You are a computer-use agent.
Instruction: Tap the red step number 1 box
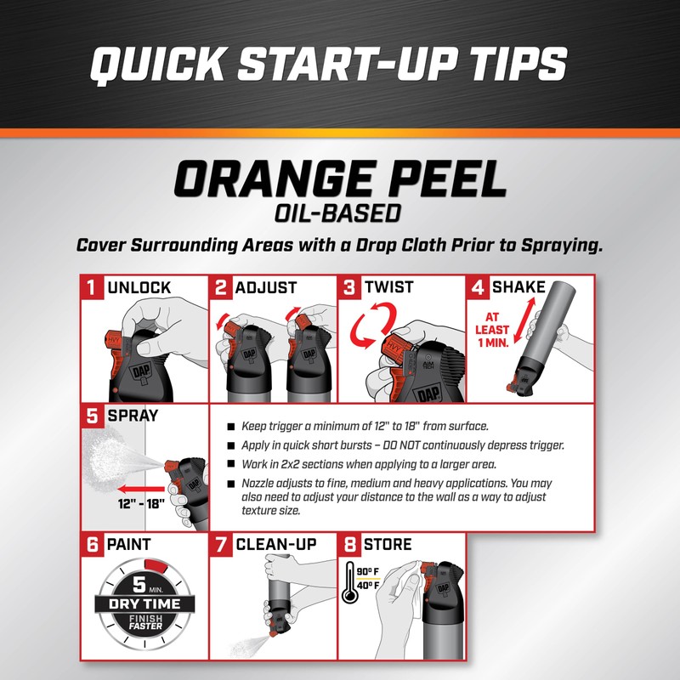pyautogui.click(x=91, y=287)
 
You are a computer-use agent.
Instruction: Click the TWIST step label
pyautogui.click(x=391, y=287)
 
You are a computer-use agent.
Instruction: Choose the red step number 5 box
pyautogui.click(x=91, y=417)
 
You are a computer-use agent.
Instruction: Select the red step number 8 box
pyautogui.click(x=349, y=544)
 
